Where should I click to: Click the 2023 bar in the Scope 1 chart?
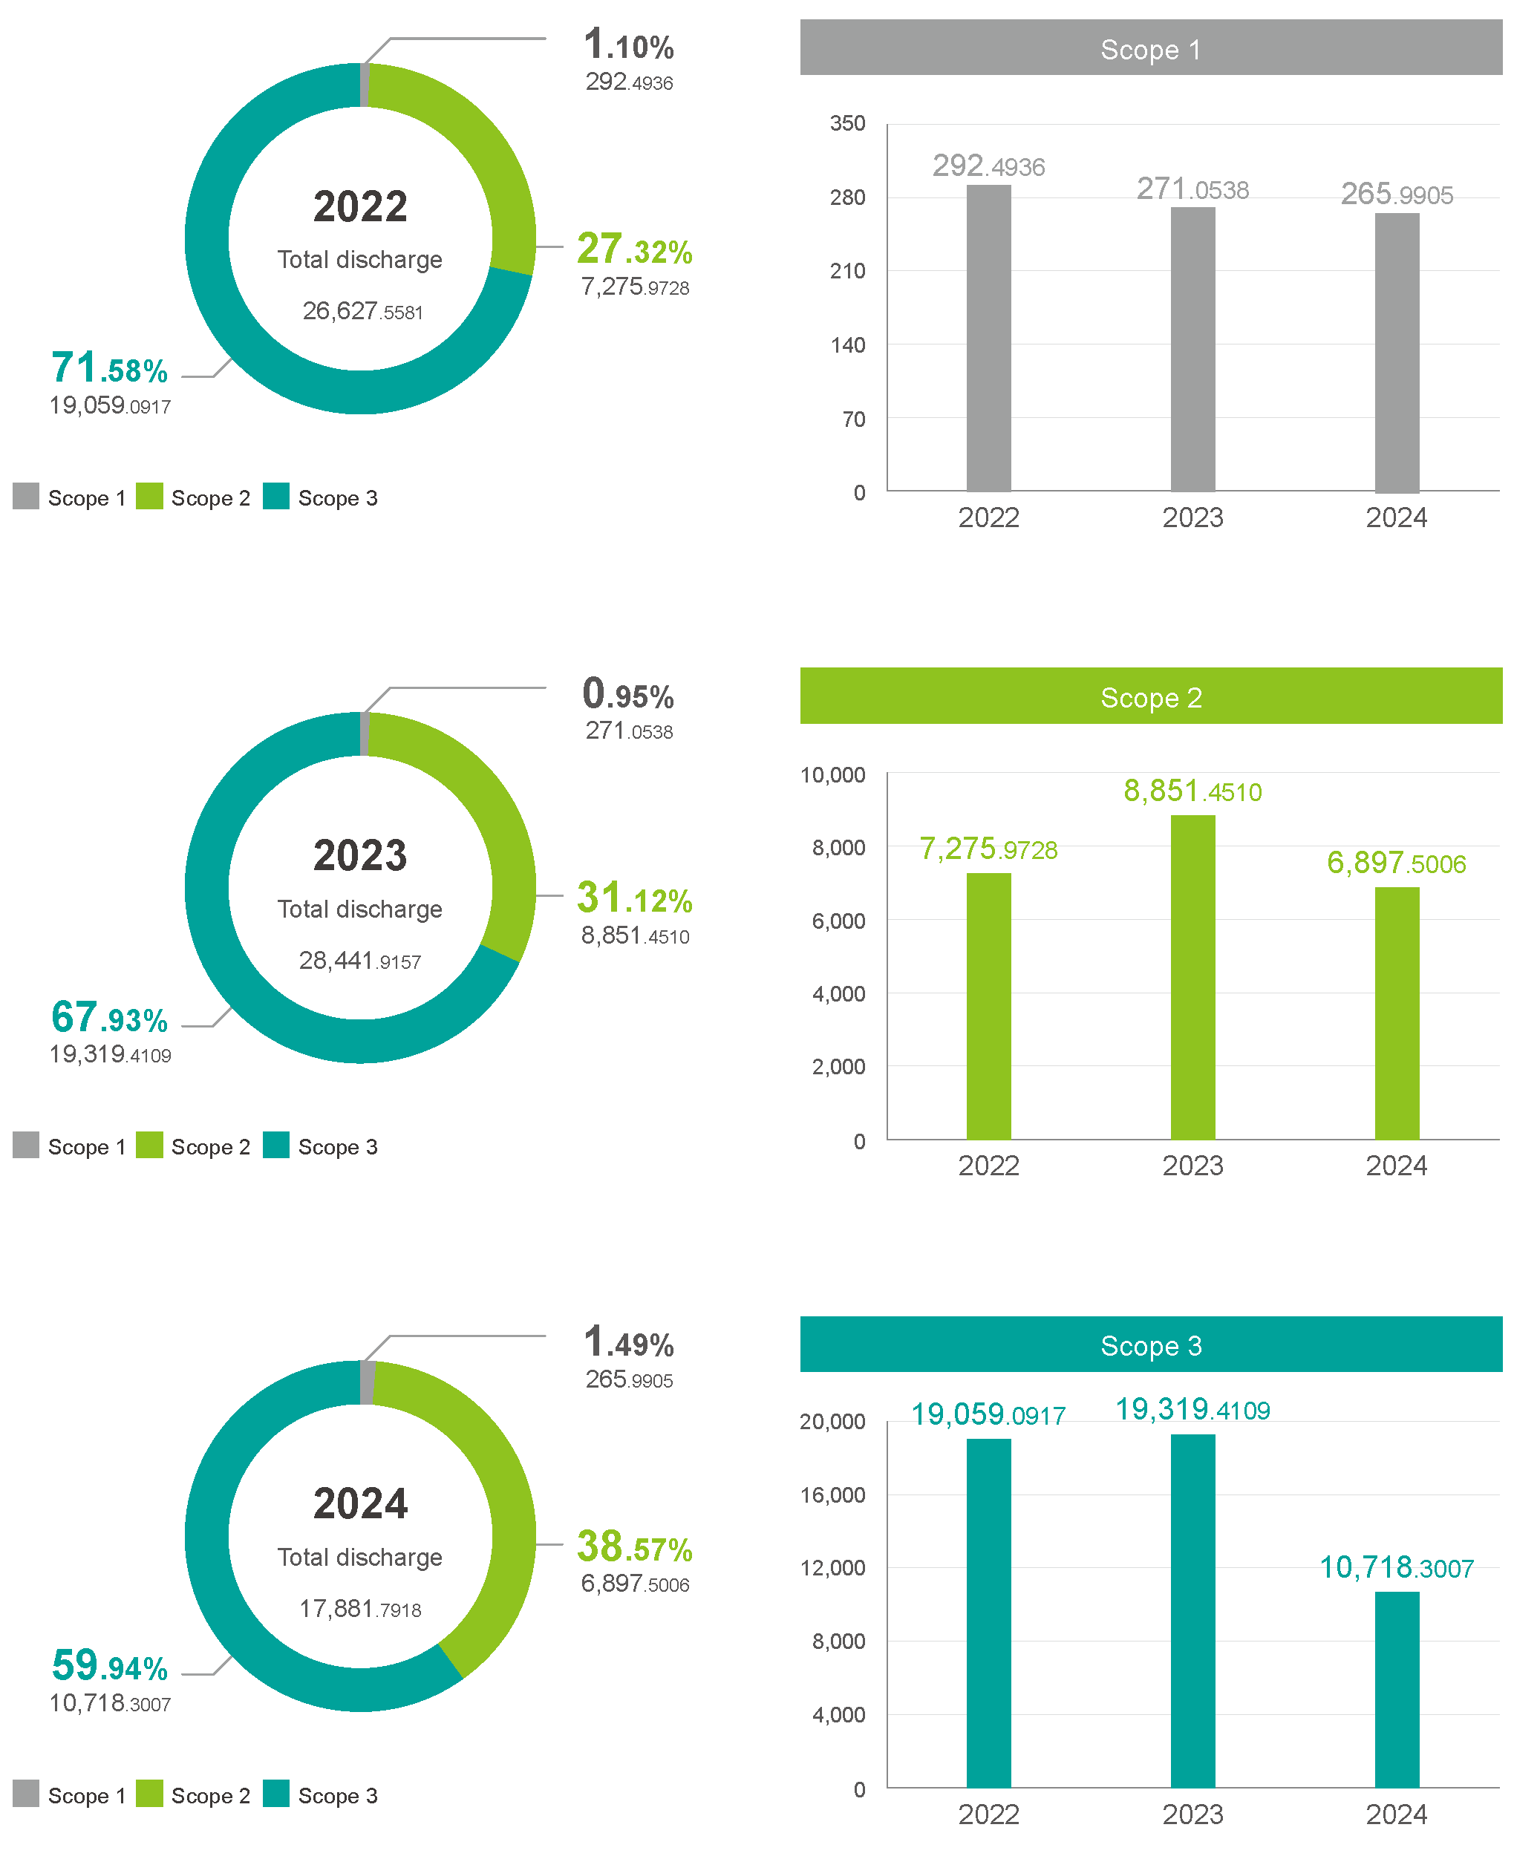[x=1192, y=349]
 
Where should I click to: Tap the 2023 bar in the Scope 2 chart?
[x=1192, y=977]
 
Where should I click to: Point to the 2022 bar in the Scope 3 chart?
[x=988, y=1613]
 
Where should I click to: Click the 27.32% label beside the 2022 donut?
[x=634, y=250]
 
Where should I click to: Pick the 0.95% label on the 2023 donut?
[x=628, y=695]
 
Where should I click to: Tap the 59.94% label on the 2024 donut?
[x=110, y=1667]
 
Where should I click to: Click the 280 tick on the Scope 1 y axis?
[x=846, y=198]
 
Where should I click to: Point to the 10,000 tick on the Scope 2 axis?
[x=832, y=774]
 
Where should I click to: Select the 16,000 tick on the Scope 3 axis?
[x=832, y=1494]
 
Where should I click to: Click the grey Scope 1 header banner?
[x=1150, y=49]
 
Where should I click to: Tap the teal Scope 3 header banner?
[x=1150, y=1345]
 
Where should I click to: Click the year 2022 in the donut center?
[x=360, y=206]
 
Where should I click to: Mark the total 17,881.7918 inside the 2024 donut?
[x=360, y=1609]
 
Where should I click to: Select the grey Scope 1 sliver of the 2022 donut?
[x=365, y=85]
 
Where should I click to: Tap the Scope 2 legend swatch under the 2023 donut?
[x=149, y=1145]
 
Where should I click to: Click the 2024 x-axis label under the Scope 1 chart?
[x=1396, y=518]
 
